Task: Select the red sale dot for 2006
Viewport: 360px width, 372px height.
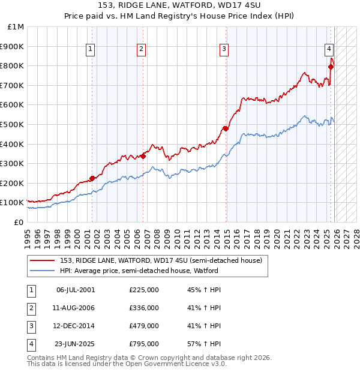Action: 143,156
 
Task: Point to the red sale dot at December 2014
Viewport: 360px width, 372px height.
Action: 226,128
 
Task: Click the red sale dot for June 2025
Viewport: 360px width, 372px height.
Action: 331,67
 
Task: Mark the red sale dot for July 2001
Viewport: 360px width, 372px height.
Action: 92,178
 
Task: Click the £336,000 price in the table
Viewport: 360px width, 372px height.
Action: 143,308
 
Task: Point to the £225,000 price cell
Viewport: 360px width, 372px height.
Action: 143,290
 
